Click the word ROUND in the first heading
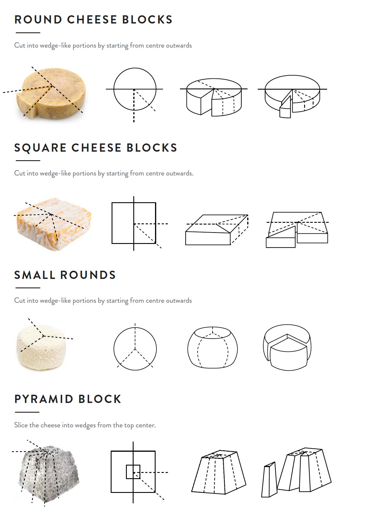[38, 20]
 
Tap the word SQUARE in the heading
[40, 148]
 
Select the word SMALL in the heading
[35, 275]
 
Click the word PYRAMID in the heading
[44, 399]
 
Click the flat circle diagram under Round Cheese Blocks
[135, 89]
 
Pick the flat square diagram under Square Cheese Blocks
[134, 223]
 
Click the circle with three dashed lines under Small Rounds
[135, 349]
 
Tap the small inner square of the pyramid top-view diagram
[133, 472]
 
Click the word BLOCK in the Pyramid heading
[100, 399]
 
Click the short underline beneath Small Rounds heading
[28, 288]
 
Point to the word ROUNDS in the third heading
[88, 275]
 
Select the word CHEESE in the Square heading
[97, 148]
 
